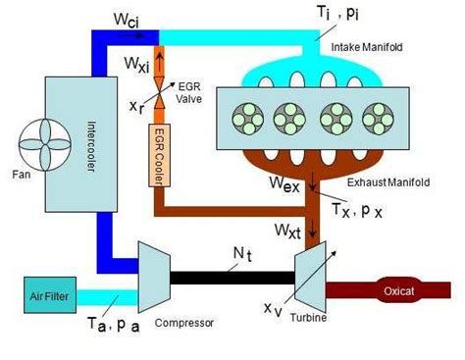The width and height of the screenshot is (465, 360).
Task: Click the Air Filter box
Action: (x=50, y=295)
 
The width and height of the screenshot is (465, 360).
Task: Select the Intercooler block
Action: (x=81, y=144)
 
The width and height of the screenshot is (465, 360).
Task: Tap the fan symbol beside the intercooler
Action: (x=45, y=144)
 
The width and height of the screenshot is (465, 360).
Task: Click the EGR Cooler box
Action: (x=159, y=155)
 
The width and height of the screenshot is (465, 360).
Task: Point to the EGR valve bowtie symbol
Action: (x=160, y=93)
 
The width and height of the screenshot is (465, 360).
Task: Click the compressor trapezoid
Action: (x=154, y=277)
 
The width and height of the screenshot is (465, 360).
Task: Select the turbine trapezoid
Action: (x=310, y=277)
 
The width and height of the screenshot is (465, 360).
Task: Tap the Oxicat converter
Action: (x=398, y=290)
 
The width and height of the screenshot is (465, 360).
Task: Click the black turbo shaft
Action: (x=232, y=278)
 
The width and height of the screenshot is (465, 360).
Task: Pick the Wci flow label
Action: (x=127, y=21)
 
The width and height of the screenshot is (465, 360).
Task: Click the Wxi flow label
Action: (x=136, y=64)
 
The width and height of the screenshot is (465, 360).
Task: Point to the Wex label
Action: (x=284, y=183)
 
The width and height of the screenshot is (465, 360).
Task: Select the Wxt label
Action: (x=287, y=231)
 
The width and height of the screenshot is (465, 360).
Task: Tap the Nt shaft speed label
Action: (x=242, y=254)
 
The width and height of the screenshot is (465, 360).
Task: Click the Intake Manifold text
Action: (x=367, y=47)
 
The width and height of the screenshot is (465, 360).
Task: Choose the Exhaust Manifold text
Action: (x=388, y=182)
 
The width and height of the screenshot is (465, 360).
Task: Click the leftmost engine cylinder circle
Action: (x=248, y=119)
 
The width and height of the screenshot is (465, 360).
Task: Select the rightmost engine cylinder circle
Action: (x=378, y=119)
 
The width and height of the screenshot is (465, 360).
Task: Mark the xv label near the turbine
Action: (x=273, y=309)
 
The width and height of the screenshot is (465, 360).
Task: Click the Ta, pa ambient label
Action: (x=114, y=325)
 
